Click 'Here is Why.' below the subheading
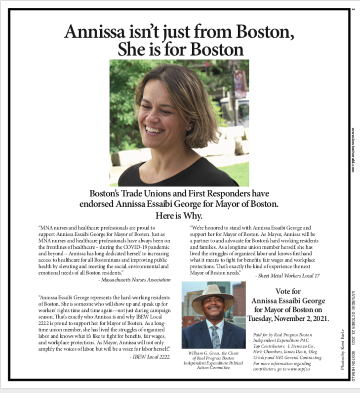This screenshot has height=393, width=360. click(x=179, y=216)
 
